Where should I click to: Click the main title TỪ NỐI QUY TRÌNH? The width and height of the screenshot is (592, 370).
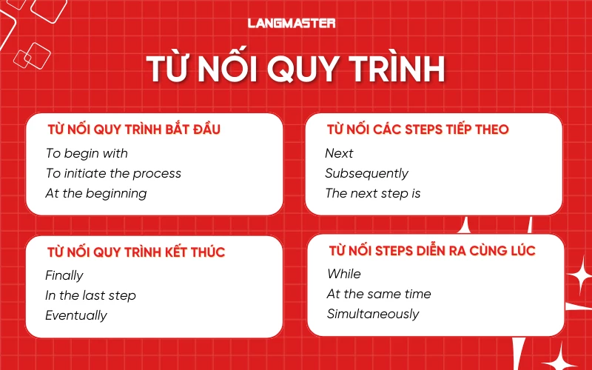point(295,69)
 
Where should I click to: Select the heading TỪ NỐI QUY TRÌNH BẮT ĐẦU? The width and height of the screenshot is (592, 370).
point(134,129)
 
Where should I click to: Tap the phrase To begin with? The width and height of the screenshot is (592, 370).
point(87,153)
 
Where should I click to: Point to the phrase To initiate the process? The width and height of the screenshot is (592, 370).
point(113,173)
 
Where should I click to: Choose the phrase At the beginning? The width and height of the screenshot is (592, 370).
point(96,193)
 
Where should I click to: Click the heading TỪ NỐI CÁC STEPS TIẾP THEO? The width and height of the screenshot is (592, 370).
point(417,129)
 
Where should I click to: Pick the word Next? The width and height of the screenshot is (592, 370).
point(339,153)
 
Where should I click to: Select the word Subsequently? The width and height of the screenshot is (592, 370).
point(366,173)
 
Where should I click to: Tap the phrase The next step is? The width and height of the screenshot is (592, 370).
point(373,193)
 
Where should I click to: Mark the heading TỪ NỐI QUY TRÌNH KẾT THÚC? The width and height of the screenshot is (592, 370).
point(136,252)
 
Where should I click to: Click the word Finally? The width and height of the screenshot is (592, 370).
point(64,275)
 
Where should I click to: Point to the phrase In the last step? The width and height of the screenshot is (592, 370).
point(90,295)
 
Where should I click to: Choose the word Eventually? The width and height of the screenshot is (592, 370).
point(76,315)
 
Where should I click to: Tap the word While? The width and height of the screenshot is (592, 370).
point(344,274)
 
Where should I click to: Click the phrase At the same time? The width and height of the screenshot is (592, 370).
point(379,294)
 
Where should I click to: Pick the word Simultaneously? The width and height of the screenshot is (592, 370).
point(373,314)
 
